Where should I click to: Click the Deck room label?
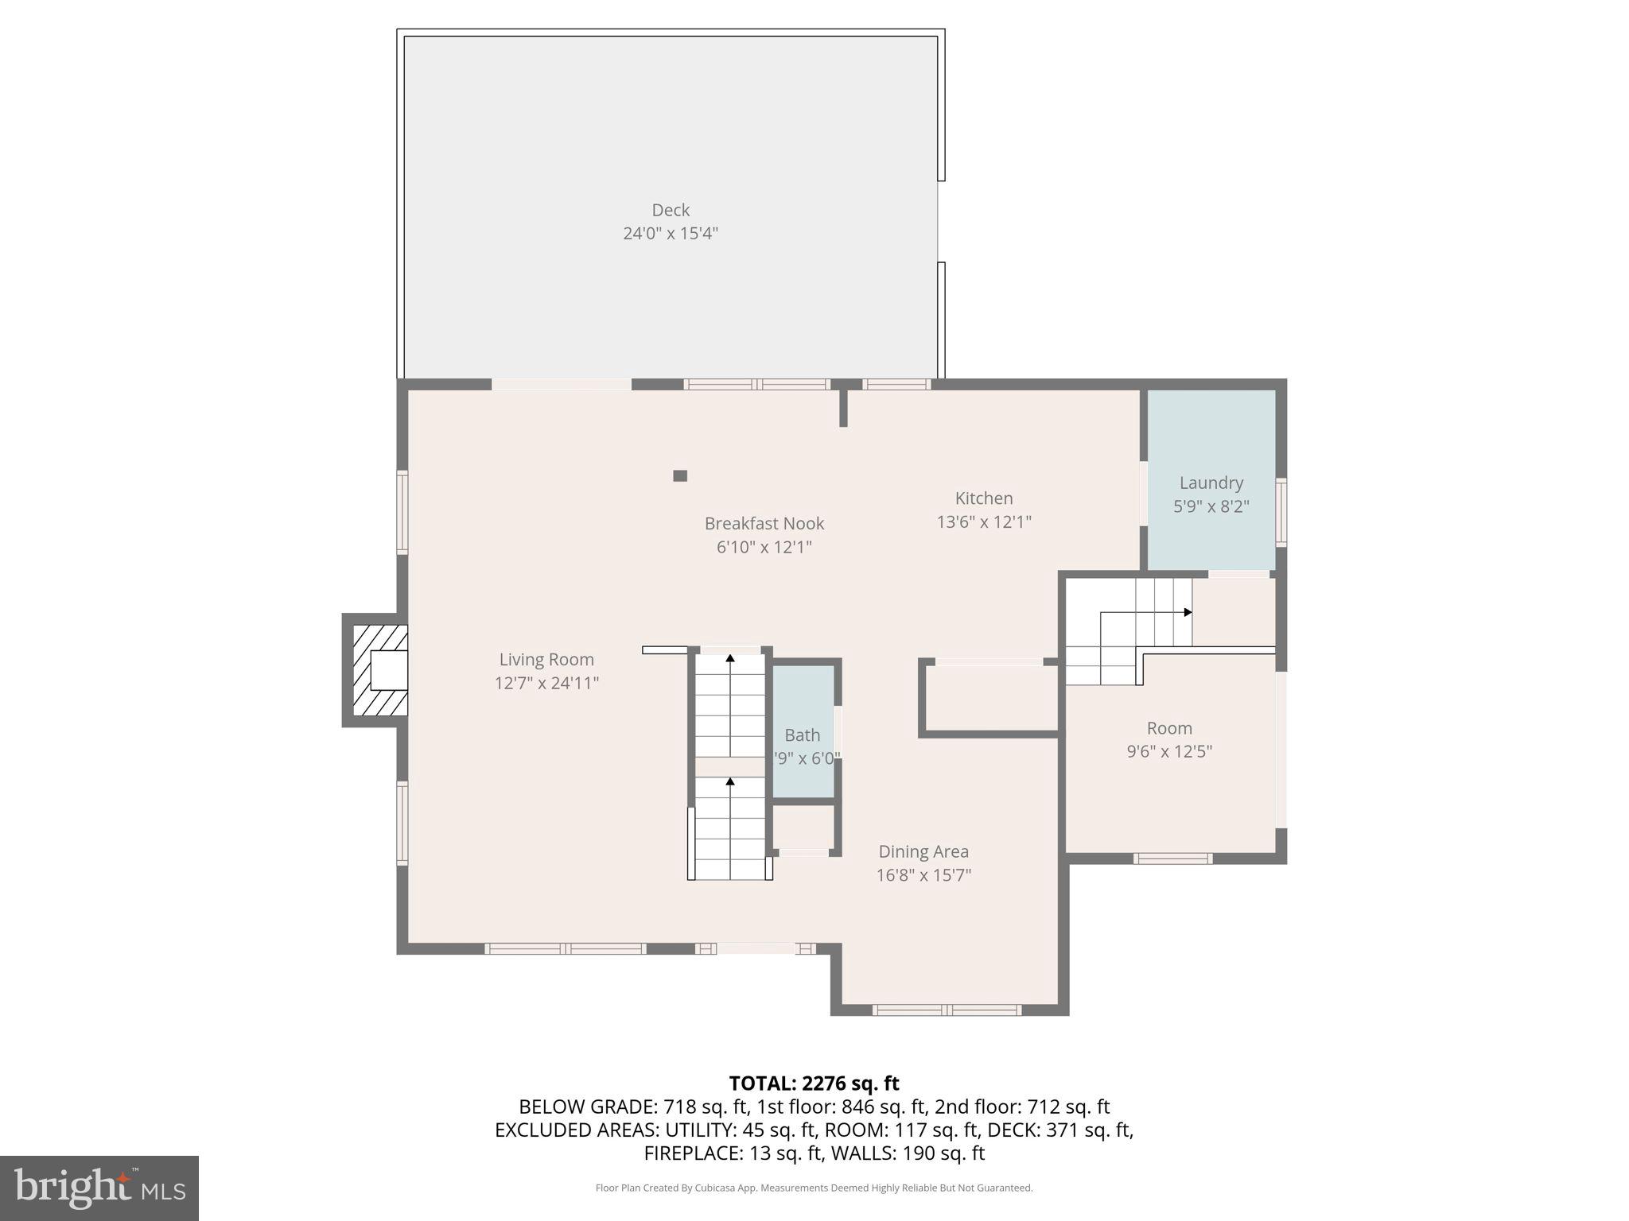pyautogui.click(x=671, y=210)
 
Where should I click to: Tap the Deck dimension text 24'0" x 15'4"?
pyautogui.click(x=671, y=234)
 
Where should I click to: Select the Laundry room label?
pyautogui.click(x=1211, y=483)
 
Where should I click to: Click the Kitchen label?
pyautogui.click(x=984, y=498)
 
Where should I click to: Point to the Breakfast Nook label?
pyautogui.click(x=764, y=523)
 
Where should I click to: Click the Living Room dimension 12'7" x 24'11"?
pyautogui.click(x=546, y=683)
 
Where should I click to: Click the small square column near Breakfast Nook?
pyautogui.click(x=680, y=475)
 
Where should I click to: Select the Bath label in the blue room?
pyautogui.click(x=802, y=735)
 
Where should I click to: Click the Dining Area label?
pyautogui.click(x=923, y=851)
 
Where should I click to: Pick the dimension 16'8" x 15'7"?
pyautogui.click(x=923, y=875)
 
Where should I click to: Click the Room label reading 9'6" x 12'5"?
pyautogui.click(x=1168, y=728)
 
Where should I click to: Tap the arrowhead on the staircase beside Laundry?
pyautogui.click(x=1188, y=612)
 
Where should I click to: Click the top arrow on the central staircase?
pyautogui.click(x=730, y=658)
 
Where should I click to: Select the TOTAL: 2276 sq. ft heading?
pyautogui.click(x=814, y=1083)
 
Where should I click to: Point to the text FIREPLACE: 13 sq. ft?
pyautogui.click(x=730, y=1153)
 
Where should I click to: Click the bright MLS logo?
pyautogui.click(x=99, y=1188)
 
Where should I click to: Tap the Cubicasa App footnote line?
pyautogui.click(x=814, y=1188)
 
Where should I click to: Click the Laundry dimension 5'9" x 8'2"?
pyautogui.click(x=1211, y=506)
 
